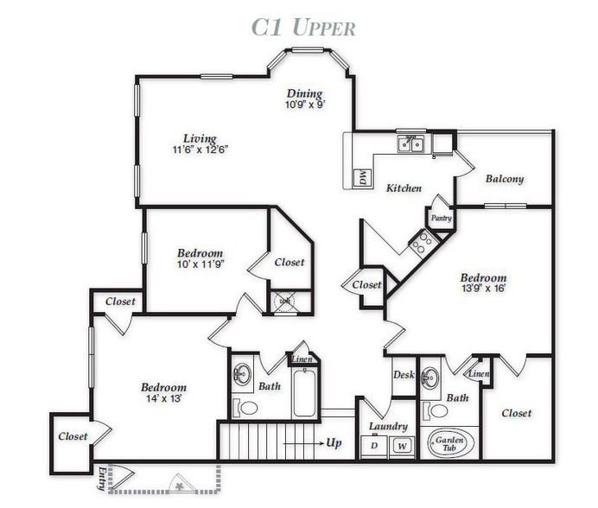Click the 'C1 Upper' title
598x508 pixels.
303,28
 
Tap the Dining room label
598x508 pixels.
304,93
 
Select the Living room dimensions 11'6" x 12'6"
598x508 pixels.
200,149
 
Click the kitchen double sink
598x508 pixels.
410,144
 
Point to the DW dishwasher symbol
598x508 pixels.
362,177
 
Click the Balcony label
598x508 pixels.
505,179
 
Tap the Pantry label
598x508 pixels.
442,219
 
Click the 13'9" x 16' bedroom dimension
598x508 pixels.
483,289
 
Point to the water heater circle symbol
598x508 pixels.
284,302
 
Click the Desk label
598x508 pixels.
404,375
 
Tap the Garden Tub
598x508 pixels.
450,443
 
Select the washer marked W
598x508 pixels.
402,446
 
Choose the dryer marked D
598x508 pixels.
374,446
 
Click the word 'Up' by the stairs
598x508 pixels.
334,443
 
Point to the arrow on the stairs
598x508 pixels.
303,443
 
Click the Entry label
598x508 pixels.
101,479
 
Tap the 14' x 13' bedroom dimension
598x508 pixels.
163,398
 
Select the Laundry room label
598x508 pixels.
388,427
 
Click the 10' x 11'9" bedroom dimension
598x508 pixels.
200,264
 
